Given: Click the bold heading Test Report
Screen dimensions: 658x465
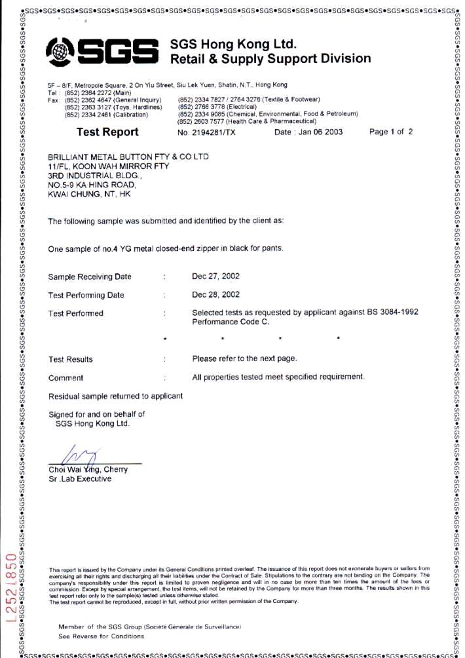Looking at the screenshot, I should (107, 132).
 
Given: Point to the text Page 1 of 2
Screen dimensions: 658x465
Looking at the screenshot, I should (391, 132).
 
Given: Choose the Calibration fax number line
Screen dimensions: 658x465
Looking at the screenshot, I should (107, 115).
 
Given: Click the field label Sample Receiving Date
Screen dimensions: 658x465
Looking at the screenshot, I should (90, 277).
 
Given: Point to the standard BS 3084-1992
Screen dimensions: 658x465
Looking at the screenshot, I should (390, 313).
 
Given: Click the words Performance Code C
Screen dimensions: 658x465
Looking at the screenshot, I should (231, 322).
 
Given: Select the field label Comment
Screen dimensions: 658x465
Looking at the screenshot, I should (65, 377).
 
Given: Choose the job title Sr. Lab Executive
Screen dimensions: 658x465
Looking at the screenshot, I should (80, 478).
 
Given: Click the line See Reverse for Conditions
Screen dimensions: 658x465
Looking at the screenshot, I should (101, 636).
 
